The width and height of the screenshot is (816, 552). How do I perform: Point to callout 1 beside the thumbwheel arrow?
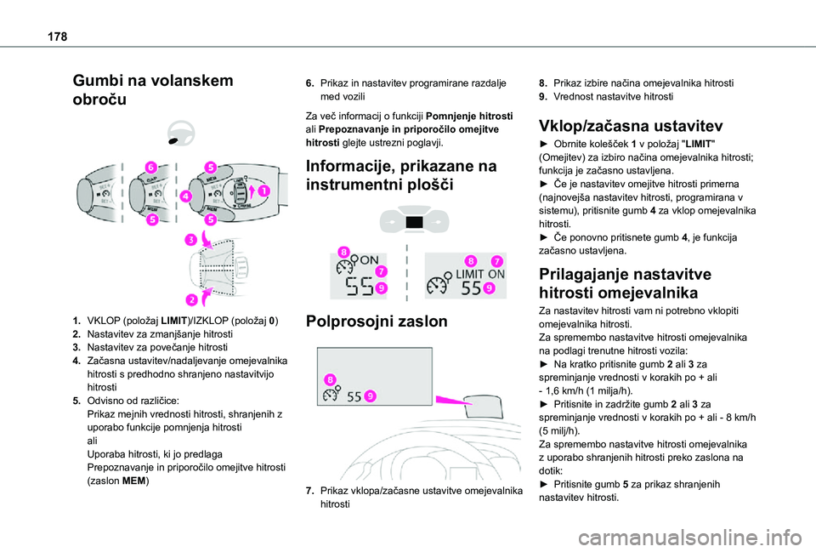[x=263, y=192]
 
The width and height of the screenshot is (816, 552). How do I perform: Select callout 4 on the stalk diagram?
[x=186, y=197]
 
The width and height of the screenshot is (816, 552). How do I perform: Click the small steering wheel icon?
[x=181, y=133]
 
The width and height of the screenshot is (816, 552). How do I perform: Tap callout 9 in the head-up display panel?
[x=372, y=395]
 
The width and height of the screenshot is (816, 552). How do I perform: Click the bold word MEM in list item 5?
[x=135, y=481]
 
